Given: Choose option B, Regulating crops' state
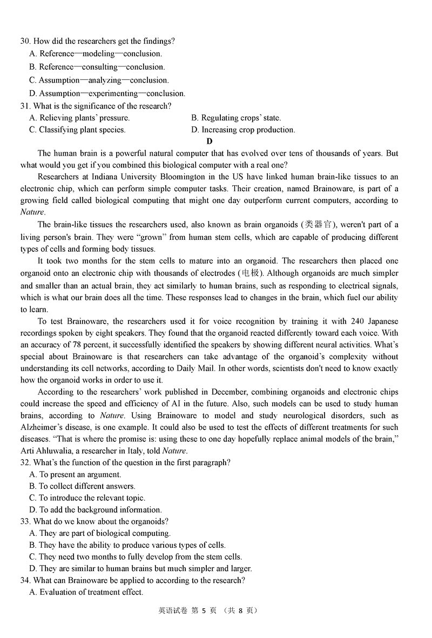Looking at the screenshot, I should [236, 118].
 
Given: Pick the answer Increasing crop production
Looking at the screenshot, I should [248, 130].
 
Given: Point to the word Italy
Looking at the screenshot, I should [131, 451].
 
